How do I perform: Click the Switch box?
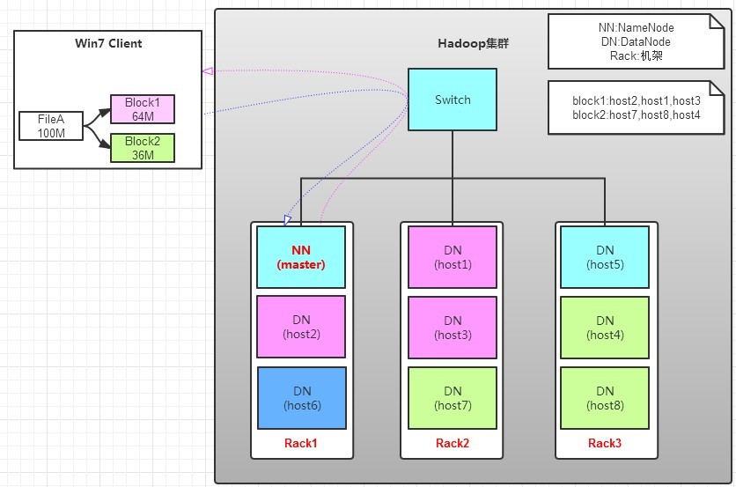tap(453, 100)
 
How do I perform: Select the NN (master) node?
tap(301, 257)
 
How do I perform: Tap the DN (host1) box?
tap(453, 257)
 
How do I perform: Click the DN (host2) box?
tap(301, 328)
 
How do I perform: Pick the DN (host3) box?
tap(453, 328)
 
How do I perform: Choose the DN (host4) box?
tap(605, 328)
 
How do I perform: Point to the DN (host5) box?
tap(605, 257)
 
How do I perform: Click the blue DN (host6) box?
tap(301, 398)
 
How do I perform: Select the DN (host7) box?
tap(453, 398)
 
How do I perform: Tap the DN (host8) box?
tap(605, 398)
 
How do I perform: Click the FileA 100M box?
tap(51, 125)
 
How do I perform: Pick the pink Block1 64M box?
tap(142, 108)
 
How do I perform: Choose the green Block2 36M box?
tap(142, 148)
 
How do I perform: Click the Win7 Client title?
tap(107, 43)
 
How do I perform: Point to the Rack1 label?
tap(301, 443)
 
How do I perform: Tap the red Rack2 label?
tap(453, 443)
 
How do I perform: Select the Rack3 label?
tap(605, 443)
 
